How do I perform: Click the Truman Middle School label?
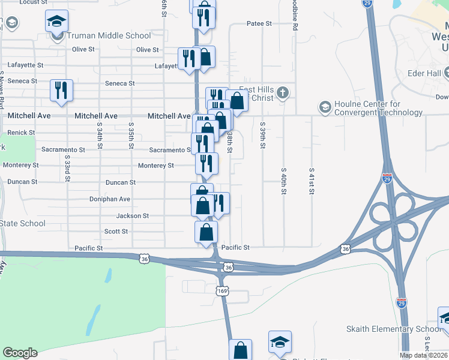(109, 35)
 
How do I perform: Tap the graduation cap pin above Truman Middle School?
(57, 22)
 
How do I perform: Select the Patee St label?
(259, 24)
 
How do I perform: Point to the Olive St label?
(148, 50)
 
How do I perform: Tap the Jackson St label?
(132, 215)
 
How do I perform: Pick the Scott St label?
(116, 231)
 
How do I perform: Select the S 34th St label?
(98, 134)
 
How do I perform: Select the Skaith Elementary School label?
(394, 329)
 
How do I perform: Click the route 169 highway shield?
(222, 291)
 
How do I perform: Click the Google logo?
(20, 353)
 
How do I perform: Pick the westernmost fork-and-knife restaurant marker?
(61, 90)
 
